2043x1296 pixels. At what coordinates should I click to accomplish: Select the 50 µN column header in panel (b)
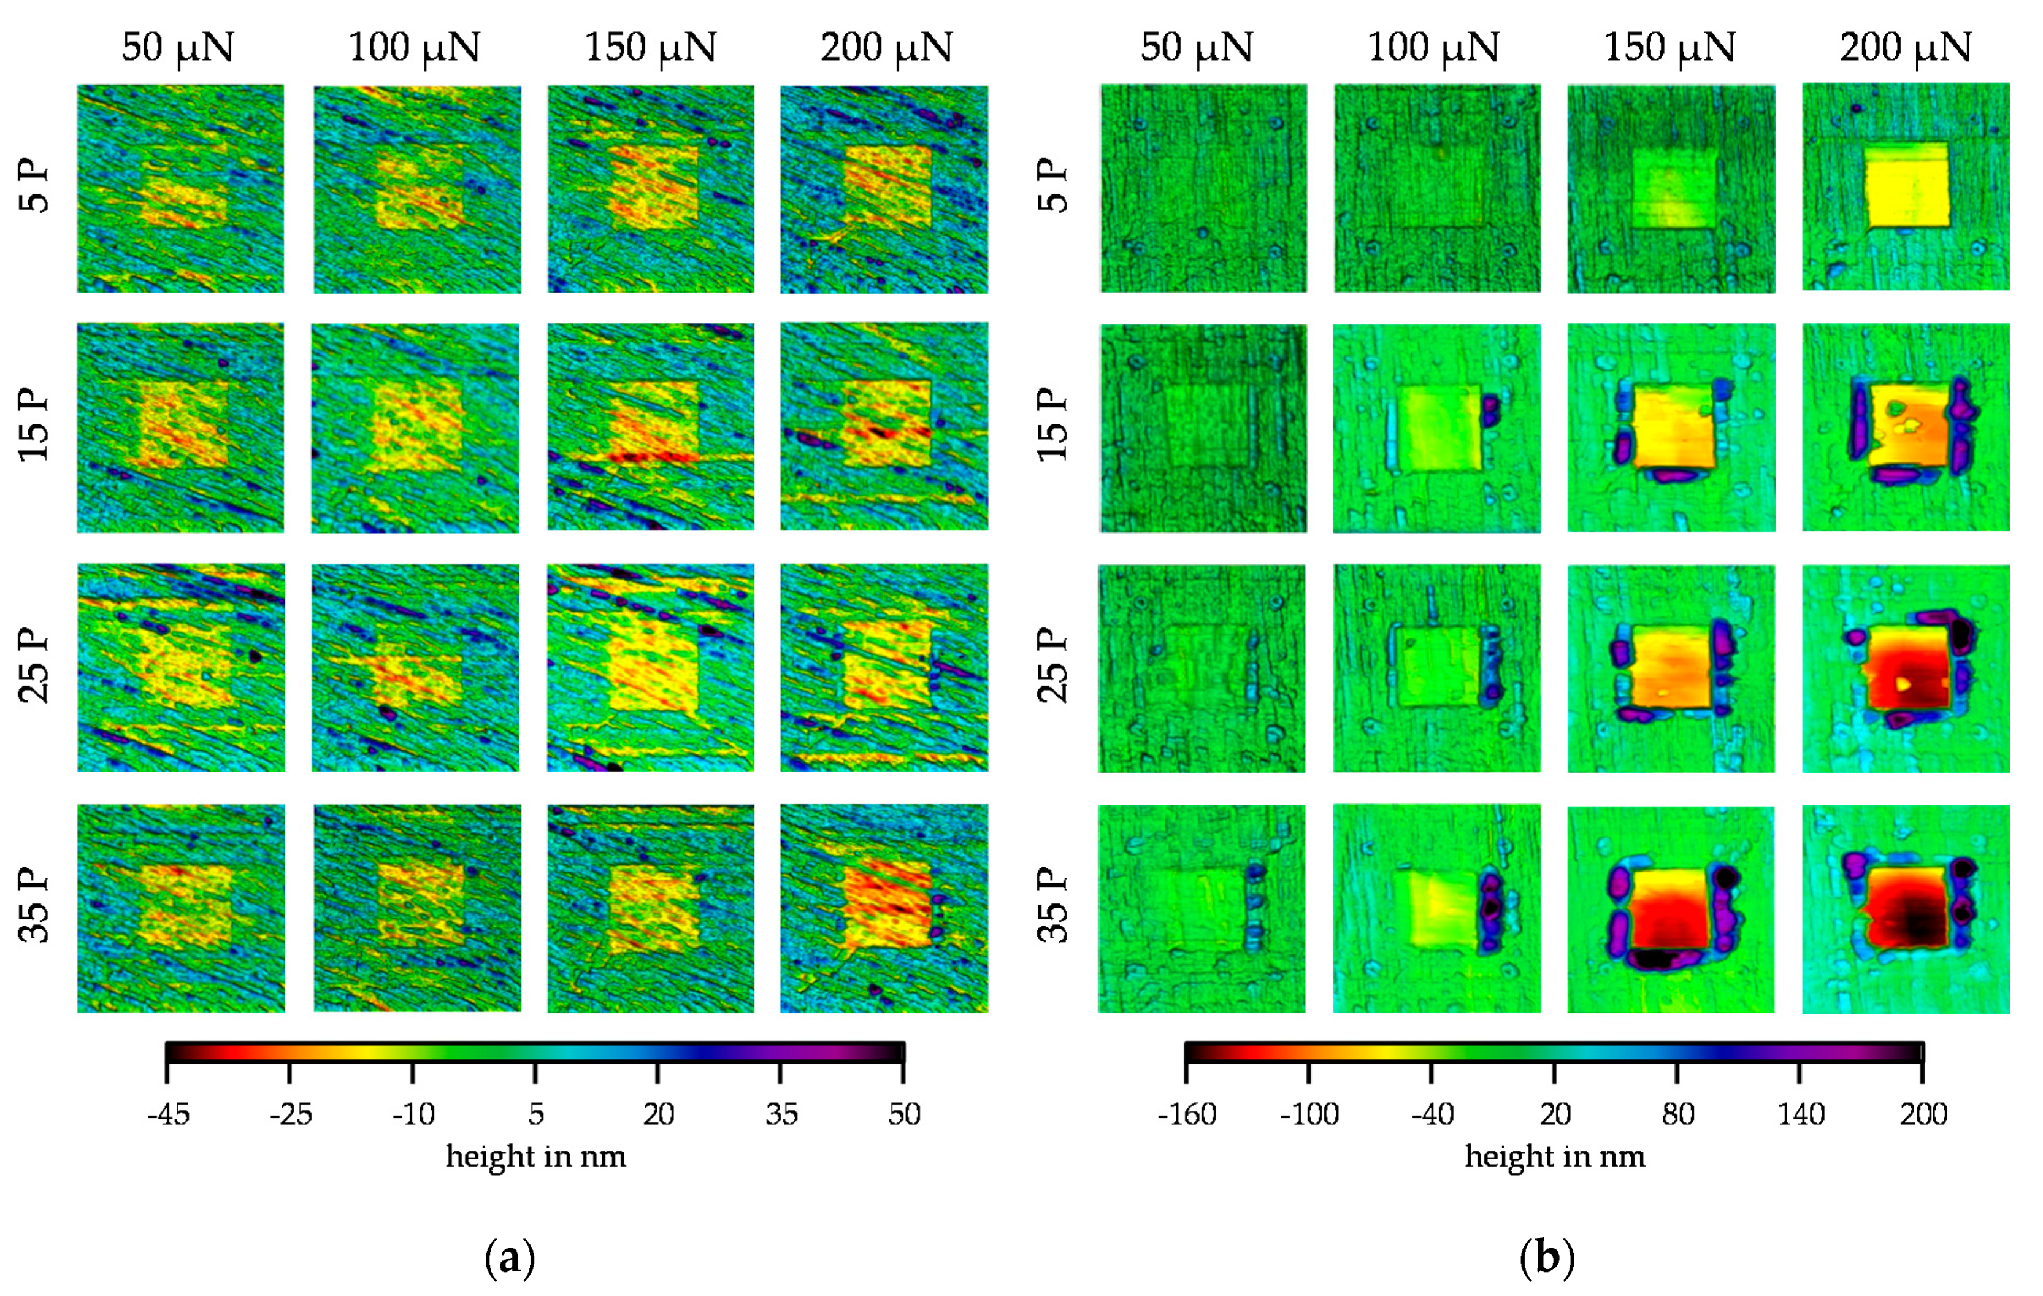(x=1196, y=47)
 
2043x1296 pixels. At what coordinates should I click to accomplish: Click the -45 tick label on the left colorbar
(x=168, y=1114)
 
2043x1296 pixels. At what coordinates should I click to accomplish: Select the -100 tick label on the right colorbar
(x=1309, y=1114)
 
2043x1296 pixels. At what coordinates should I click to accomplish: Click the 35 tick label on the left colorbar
(x=781, y=1114)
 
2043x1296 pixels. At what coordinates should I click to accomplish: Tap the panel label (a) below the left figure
(x=510, y=1258)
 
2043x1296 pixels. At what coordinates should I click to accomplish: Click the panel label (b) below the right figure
(x=1547, y=1258)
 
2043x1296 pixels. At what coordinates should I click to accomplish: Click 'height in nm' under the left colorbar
(x=535, y=1156)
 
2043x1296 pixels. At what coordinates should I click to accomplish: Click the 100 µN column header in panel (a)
(x=414, y=47)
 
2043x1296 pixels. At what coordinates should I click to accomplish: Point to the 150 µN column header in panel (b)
(x=1669, y=47)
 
